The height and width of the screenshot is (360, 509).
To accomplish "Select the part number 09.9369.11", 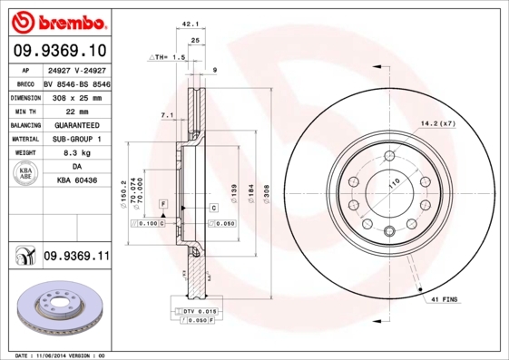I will click(76, 258).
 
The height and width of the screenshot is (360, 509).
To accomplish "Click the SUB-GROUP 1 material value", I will click(75, 139).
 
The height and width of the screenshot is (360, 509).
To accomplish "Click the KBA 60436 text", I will click(77, 182).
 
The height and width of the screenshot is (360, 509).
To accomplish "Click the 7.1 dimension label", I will click(166, 116).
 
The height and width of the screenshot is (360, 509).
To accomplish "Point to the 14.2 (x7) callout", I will click(436, 122).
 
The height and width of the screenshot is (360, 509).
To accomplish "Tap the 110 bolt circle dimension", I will click(395, 184).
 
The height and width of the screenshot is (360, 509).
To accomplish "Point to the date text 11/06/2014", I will click(62, 355).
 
